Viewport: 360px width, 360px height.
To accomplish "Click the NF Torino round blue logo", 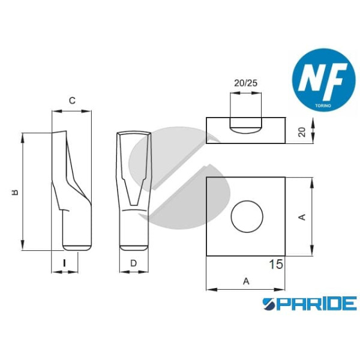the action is (x=324, y=80).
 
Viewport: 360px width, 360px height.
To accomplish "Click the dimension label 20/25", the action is (x=245, y=83).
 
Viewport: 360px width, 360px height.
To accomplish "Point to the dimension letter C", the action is (x=72, y=100).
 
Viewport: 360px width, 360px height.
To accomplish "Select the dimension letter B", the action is (x=15, y=192).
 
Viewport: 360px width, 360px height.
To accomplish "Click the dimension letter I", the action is (x=65, y=263).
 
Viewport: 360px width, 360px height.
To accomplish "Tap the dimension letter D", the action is (x=133, y=263).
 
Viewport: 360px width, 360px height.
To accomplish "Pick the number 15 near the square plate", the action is (x=276, y=264).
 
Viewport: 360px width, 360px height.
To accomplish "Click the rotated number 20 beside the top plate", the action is (x=302, y=132).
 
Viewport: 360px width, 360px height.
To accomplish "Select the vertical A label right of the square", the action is (x=302, y=217).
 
